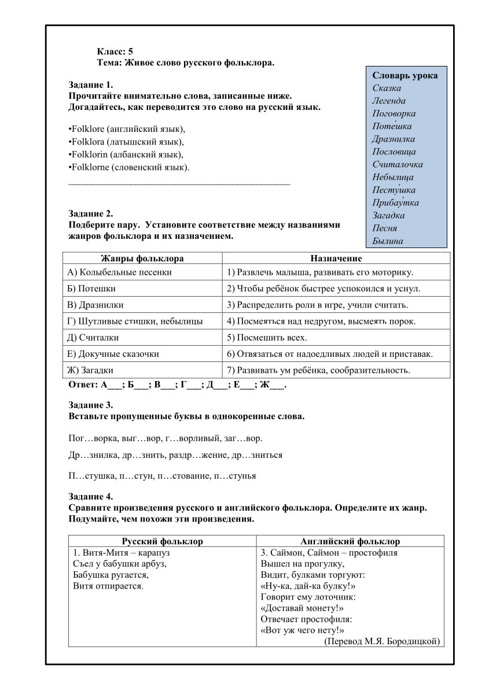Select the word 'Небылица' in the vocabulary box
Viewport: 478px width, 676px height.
click(x=393, y=178)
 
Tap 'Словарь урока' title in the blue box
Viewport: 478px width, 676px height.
click(x=405, y=76)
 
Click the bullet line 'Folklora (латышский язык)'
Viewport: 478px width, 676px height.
click(x=126, y=142)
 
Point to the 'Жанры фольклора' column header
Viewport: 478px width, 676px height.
click(x=142, y=258)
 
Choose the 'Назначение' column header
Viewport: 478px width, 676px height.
click(x=336, y=258)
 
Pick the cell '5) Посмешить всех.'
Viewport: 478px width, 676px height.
click(x=267, y=338)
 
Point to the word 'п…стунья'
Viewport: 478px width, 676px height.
click(x=235, y=476)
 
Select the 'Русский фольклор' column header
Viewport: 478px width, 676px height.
click(x=162, y=541)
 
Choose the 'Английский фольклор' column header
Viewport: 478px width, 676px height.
click(x=350, y=541)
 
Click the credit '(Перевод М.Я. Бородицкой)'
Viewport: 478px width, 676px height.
click(x=382, y=641)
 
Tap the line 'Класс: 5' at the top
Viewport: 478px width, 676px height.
click(x=115, y=51)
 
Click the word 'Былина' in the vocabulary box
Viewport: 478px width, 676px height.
click(x=387, y=241)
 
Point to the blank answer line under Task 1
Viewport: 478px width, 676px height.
click(x=179, y=183)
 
